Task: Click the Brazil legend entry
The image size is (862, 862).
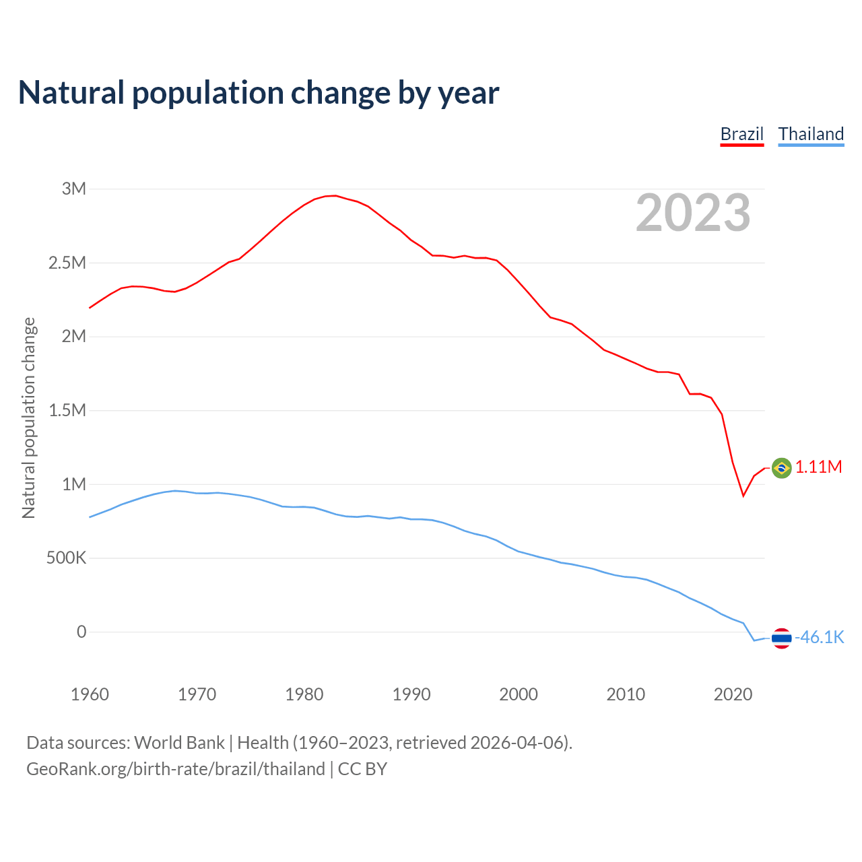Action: point(741,134)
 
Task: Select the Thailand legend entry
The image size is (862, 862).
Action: point(811,134)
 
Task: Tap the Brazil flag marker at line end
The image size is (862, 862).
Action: point(781,467)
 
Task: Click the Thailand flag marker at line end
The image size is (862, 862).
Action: point(781,638)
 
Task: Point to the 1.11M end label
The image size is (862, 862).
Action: point(818,467)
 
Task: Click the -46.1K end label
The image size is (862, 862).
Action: point(820,638)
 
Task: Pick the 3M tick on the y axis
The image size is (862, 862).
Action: point(74,189)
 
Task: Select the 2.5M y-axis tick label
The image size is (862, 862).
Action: point(67,263)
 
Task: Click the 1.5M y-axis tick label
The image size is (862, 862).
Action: point(67,410)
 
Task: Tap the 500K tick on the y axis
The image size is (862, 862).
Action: point(66,558)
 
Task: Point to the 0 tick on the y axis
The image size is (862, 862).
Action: point(81,632)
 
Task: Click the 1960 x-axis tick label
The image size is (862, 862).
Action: point(90,694)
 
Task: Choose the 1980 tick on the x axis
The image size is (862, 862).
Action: point(304,694)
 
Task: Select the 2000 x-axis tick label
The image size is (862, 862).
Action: point(519,694)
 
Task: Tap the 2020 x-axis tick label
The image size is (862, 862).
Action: point(733,694)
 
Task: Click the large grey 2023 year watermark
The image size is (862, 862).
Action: point(693,213)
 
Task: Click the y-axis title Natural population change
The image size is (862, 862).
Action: point(29,418)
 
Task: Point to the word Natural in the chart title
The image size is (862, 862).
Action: point(71,93)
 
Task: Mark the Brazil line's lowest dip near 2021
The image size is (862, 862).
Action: point(743,496)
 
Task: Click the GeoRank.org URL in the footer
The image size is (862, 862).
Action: point(176,769)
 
